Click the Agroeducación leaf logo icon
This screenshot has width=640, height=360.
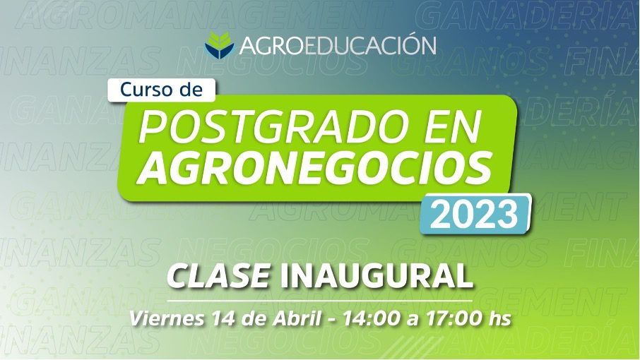[x=220, y=45]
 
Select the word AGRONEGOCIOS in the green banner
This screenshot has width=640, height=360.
[x=314, y=167]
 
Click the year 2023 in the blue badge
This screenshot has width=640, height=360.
[x=474, y=215]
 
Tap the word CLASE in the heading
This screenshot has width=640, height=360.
[x=218, y=277]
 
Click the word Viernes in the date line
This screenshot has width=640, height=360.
[x=167, y=318]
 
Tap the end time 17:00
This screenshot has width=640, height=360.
[x=454, y=318]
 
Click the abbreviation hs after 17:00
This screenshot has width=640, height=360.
[x=500, y=318]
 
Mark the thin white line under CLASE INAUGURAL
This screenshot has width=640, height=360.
[x=319, y=301]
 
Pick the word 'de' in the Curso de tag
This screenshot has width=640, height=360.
[x=191, y=90]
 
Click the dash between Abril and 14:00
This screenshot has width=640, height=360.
[x=332, y=320]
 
